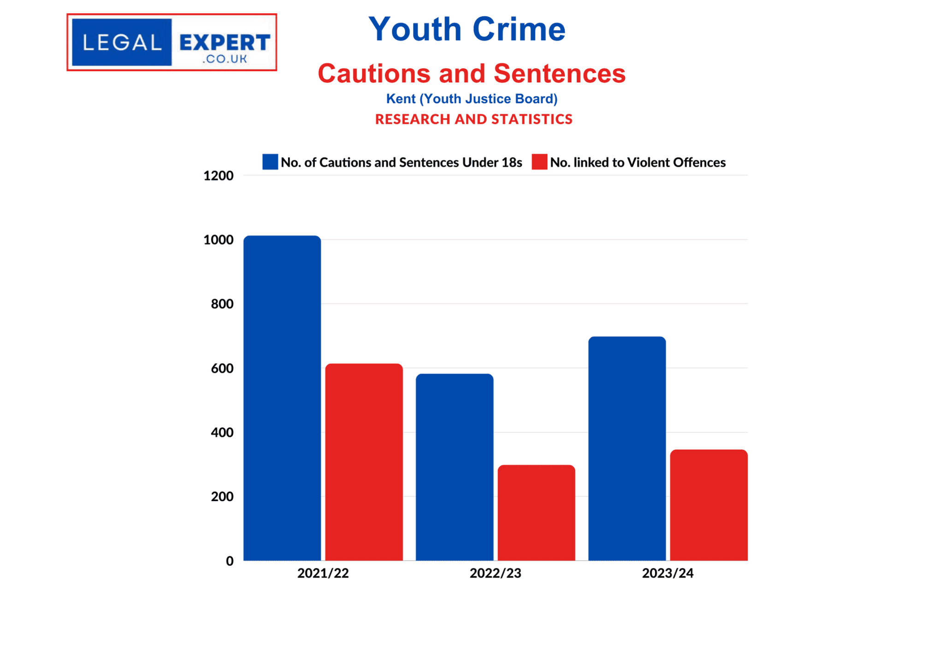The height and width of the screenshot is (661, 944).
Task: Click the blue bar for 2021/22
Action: click(x=282, y=398)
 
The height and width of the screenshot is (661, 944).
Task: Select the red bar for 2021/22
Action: click(x=364, y=462)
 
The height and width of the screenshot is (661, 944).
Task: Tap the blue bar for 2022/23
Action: click(x=454, y=467)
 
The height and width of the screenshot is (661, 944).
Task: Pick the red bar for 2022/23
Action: click(x=536, y=513)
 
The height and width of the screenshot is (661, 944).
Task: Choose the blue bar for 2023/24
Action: click(x=627, y=449)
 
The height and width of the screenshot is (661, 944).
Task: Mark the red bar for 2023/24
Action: click(x=708, y=505)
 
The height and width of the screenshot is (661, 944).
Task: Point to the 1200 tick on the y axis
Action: click(x=218, y=176)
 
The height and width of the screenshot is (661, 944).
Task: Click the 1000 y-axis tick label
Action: click(x=218, y=240)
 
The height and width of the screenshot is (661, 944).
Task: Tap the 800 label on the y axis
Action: click(x=222, y=304)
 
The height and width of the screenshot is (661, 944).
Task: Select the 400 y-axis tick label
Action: click(x=222, y=432)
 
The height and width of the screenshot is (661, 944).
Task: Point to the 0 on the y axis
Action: click(x=230, y=561)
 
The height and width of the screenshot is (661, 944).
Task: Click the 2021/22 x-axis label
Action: click(x=323, y=573)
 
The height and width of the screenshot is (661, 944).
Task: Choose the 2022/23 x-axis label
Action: click(x=495, y=573)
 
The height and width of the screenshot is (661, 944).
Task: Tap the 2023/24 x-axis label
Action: click(x=667, y=573)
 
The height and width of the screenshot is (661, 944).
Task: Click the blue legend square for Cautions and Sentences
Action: click(x=270, y=162)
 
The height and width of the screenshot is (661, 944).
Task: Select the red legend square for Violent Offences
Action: click(x=539, y=162)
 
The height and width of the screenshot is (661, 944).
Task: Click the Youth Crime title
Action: click(x=467, y=29)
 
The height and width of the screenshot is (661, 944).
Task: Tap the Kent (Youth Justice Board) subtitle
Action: click(x=472, y=99)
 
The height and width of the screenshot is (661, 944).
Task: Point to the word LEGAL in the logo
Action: click(x=122, y=43)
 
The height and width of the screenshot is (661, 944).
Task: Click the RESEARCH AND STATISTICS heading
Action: click(x=473, y=119)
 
